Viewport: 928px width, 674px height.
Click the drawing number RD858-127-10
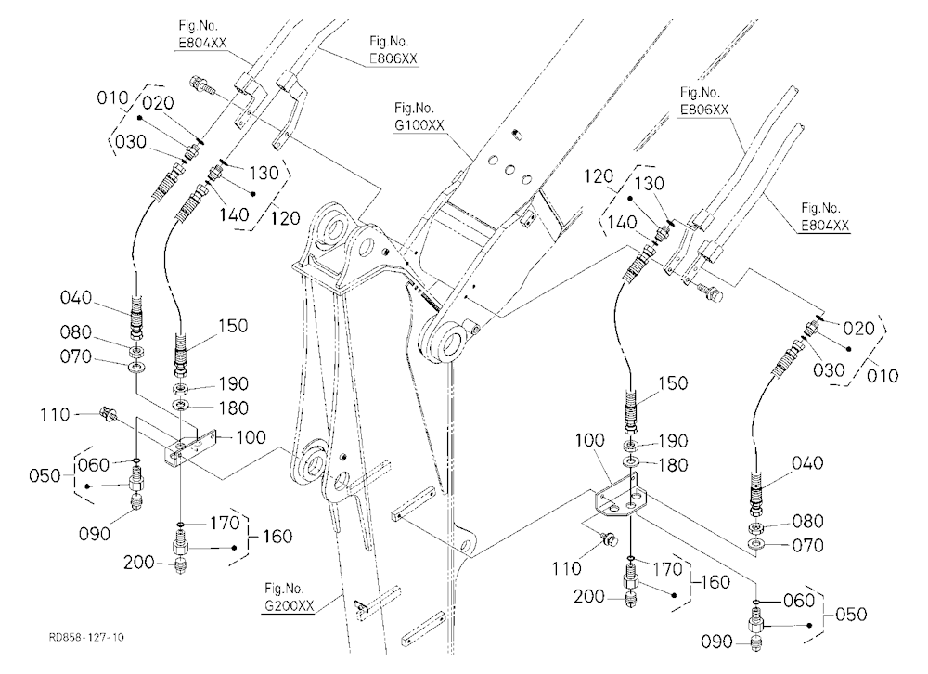(86, 637)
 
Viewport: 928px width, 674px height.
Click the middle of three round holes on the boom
(509, 169)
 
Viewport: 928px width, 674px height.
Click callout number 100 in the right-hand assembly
(589, 440)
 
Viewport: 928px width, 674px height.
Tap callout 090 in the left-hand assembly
(94, 534)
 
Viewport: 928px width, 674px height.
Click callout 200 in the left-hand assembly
(138, 562)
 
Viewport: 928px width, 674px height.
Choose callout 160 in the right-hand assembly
(715, 582)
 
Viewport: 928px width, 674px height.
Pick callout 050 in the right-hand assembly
(851, 615)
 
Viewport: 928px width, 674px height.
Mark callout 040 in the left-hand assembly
(76, 297)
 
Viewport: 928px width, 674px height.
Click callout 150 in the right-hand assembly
(673, 383)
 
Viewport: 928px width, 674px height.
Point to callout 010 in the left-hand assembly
(112, 97)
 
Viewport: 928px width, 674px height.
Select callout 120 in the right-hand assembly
(599, 176)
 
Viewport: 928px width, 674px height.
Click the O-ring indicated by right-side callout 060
(755, 602)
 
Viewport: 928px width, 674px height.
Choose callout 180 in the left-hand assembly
(233, 408)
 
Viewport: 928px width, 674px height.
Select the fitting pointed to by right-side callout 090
(755, 644)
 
